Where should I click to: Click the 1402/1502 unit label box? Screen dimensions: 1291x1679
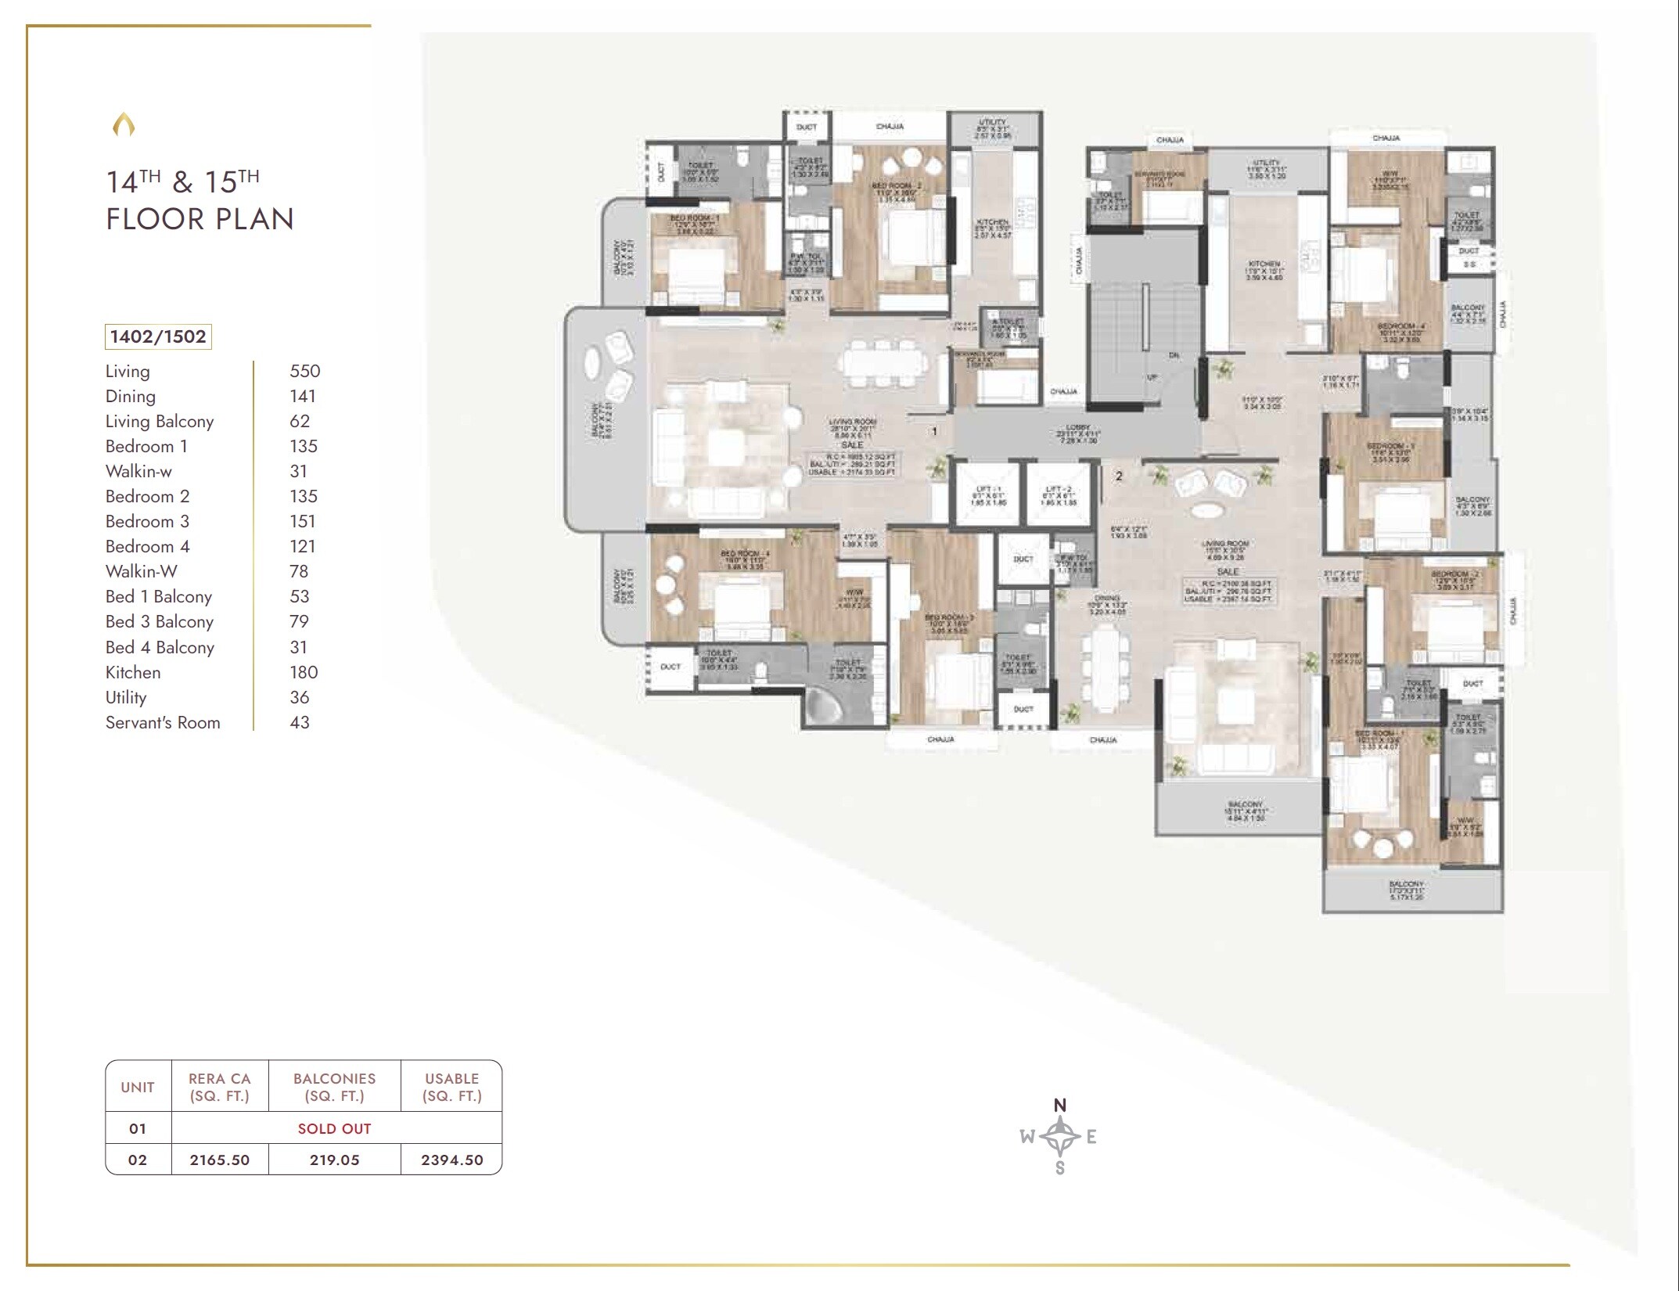pyautogui.click(x=158, y=336)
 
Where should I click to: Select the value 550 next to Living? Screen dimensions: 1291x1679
pyautogui.click(x=304, y=371)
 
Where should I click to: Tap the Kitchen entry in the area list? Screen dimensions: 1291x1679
pyautogui.click(x=133, y=672)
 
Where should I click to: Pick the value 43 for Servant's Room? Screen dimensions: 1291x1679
pyautogui.click(x=300, y=722)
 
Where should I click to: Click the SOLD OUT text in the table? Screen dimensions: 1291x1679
pyautogui.click(x=334, y=1128)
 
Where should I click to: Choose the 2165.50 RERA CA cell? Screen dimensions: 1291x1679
pyautogui.click(x=219, y=1160)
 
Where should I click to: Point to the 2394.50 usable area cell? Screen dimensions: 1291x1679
pyautogui.click(x=451, y=1160)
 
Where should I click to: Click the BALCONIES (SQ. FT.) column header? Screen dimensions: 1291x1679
pyautogui.click(x=334, y=1087)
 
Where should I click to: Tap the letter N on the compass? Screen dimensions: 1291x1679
pyautogui.click(x=1059, y=1105)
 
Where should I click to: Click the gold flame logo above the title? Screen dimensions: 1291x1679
pyautogui.click(x=124, y=124)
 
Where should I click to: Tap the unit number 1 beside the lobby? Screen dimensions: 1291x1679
pyautogui.click(x=934, y=431)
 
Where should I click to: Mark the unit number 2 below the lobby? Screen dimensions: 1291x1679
pyautogui.click(x=1119, y=476)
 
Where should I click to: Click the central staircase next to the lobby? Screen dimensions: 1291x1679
pyautogui.click(x=1144, y=321)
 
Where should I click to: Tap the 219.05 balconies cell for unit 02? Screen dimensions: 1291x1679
pyautogui.click(x=334, y=1160)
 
